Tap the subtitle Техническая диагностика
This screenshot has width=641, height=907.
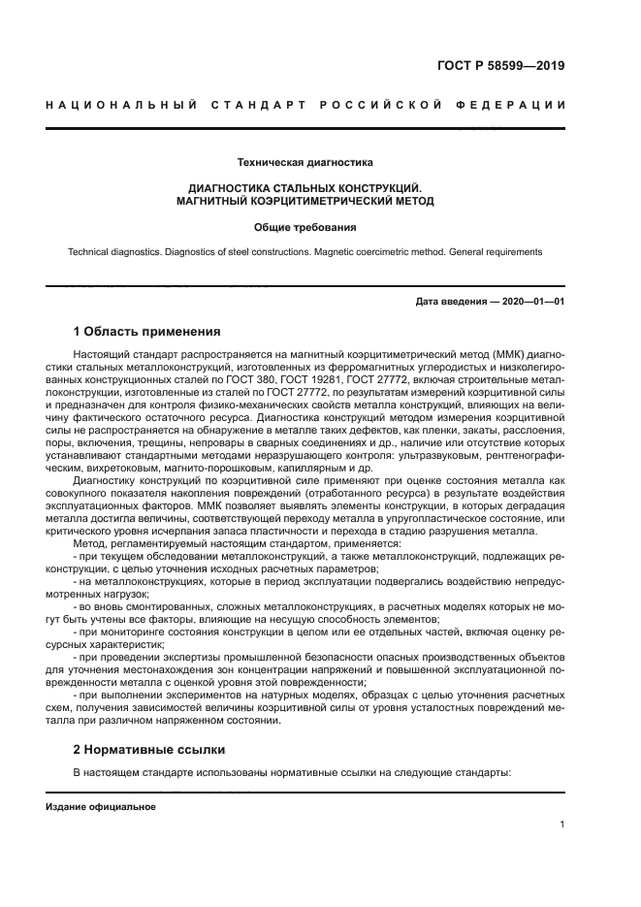point(304,162)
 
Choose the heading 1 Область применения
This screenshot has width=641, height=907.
point(147,331)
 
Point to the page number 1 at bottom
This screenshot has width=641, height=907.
point(561,825)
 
